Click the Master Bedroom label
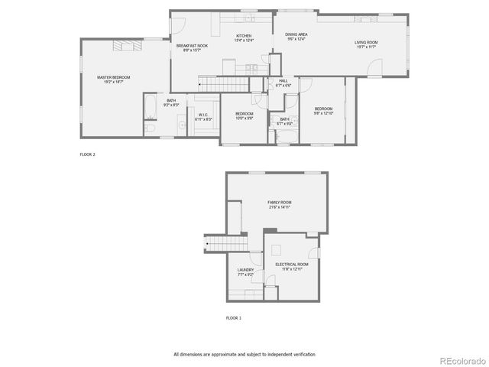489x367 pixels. pos(113,80)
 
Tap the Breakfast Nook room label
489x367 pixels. pos(193,48)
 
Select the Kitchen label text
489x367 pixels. pos(244,38)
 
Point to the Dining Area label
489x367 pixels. pos(296,36)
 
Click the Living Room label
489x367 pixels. pos(365,44)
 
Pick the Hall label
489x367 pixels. pos(283,83)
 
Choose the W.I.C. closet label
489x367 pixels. pos(202,117)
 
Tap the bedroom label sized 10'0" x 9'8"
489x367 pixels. pos(244,115)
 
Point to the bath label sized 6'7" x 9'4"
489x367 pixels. pos(284,121)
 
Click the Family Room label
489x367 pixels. pos(280,204)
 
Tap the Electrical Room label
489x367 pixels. pos(292,266)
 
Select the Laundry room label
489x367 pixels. pos(245,271)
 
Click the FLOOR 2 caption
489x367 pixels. pos(88,154)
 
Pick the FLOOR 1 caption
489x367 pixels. pos(234,317)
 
